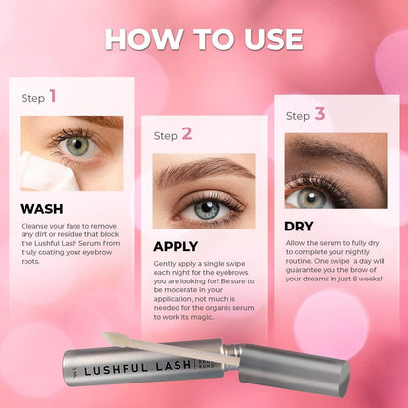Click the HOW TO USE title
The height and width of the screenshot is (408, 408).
coord(204,39)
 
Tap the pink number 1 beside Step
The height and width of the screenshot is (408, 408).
coord(53,96)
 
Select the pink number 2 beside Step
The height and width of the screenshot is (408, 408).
coord(187,134)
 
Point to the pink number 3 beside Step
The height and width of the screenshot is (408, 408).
coord(320,114)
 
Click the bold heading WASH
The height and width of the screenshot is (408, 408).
coord(41,209)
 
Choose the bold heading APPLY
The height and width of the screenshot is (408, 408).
coord(176,246)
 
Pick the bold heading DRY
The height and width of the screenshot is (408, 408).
coord(299,227)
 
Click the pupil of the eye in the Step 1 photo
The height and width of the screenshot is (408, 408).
coord(77,144)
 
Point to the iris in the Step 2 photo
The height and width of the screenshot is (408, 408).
coord(206,208)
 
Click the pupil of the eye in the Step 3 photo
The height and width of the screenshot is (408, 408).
coord(311,197)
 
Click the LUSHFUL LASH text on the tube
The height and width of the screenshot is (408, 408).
coord(137,367)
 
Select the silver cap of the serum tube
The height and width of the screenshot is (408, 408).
coord(293,369)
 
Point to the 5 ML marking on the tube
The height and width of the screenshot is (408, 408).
coord(76,371)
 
